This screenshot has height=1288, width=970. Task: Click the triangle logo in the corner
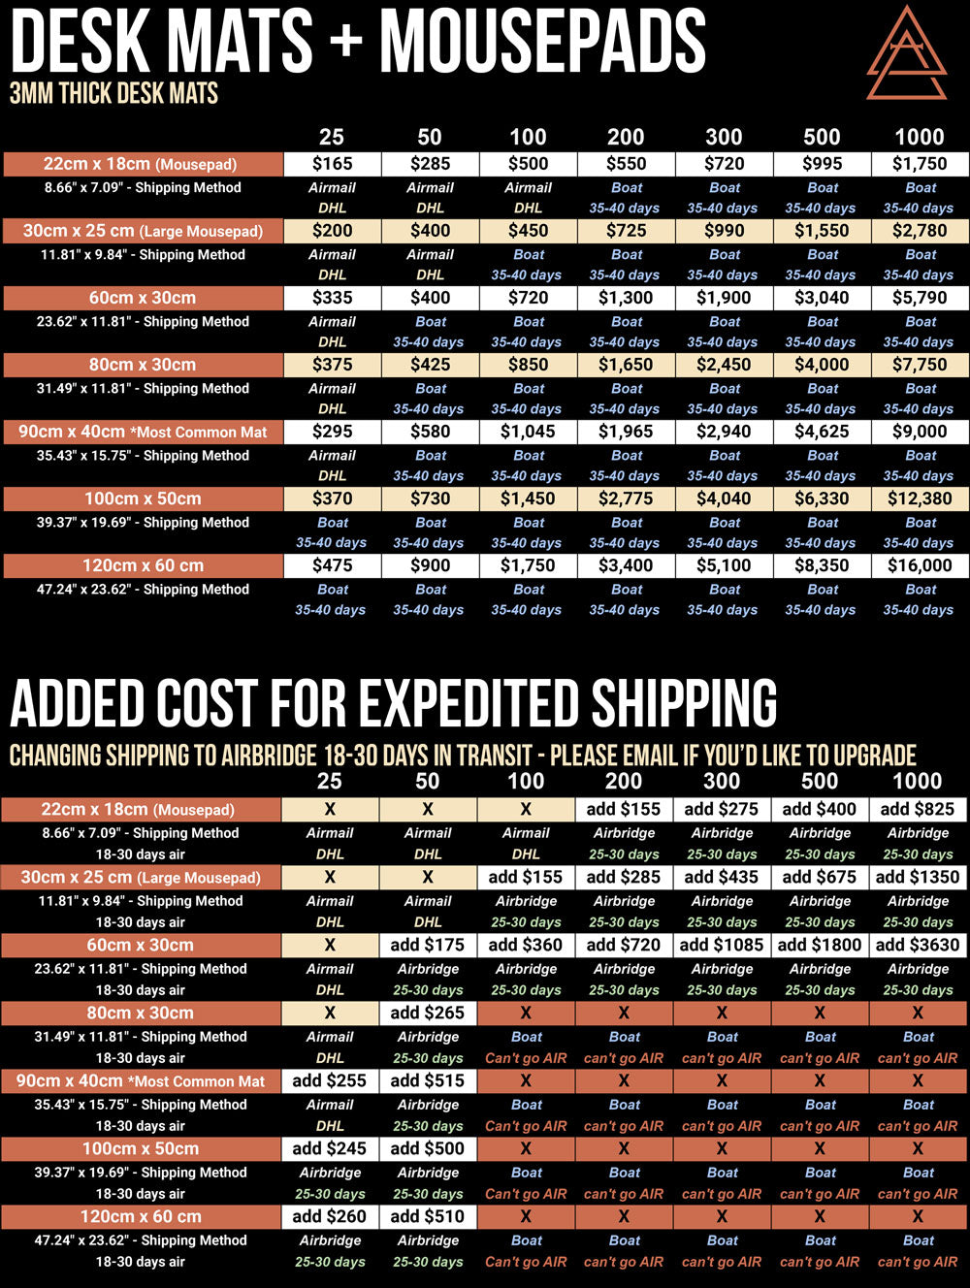[x=906, y=54]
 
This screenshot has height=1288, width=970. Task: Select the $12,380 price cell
[x=920, y=499]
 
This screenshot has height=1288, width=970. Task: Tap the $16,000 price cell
[x=920, y=565]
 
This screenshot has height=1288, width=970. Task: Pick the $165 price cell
[x=332, y=164]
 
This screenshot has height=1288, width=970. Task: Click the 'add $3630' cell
[x=918, y=945]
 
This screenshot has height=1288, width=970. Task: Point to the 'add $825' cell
[x=918, y=809]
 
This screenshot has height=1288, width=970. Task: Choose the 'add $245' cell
[x=330, y=1148]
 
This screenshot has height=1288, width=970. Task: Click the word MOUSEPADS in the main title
[x=543, y=41]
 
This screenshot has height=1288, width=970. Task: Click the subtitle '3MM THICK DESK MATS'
[x=113, y=94]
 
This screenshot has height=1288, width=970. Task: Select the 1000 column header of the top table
[x=919, y=137]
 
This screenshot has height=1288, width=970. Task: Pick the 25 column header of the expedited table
[x=330, y=781]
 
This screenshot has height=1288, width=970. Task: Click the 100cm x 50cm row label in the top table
[x=143, y=499]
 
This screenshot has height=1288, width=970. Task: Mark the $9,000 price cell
[x=920, y=432]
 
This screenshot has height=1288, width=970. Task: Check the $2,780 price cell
[x=920, y=231]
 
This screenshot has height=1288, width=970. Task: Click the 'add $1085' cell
[x=722, y=945]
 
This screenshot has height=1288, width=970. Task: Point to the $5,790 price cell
[x=920, y=298]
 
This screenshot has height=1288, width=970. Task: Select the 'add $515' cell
[x=428, y=1080]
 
